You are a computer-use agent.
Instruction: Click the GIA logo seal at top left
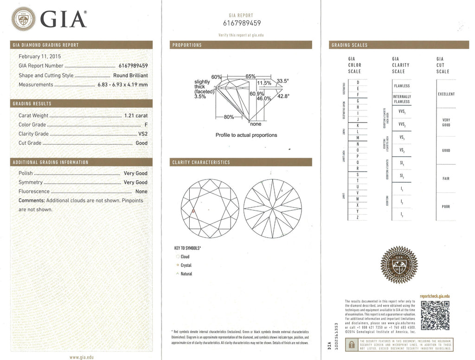click(x=23, y=19)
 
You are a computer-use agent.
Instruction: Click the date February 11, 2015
click(x=37, y=56)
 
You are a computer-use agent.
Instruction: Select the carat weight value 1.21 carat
click(x=136, y=115)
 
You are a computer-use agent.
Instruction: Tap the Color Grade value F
click(x=146, y=124)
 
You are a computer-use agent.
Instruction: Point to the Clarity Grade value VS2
click(x=143, y=134)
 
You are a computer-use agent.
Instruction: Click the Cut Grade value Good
click(x=141, y=143)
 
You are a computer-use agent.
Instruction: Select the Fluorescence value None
click(x=141, y=191)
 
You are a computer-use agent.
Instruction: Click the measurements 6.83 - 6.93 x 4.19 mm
click(x=122, y=84)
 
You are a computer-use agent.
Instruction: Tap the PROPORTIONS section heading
click(x=187, y=45)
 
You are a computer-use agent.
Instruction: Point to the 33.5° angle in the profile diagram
click(x=283, y=81)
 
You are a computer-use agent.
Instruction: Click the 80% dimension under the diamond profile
click(x=229, y=117)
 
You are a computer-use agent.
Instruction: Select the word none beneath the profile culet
click(x=256, y=124)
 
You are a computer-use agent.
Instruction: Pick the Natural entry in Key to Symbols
click(x=186, y=274)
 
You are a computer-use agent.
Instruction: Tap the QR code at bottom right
click(x=435, y=315)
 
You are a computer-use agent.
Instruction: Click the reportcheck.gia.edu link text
click(x=435, y=296)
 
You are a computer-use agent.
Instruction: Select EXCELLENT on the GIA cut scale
click(x=446, y=94)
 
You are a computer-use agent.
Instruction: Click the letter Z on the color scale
click(x=358, y=217)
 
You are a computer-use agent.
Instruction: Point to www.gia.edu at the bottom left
click(x=81, y=357)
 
